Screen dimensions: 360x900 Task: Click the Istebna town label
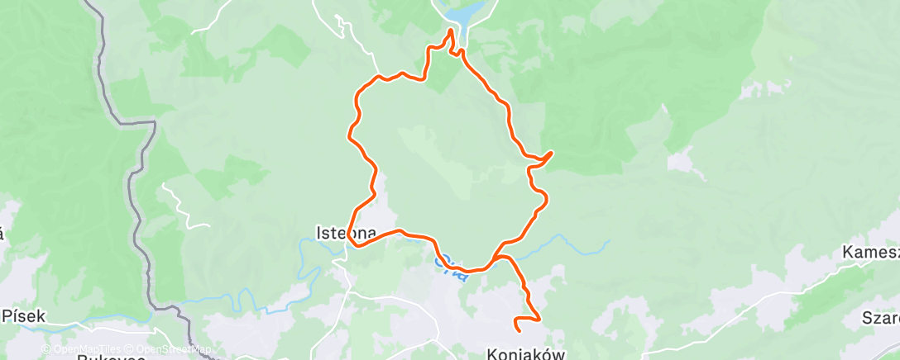(347, 233)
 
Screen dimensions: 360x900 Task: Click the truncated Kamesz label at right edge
(870, 252)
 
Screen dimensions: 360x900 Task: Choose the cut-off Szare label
(880, 318)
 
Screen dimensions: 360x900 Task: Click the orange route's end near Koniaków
(518, 329)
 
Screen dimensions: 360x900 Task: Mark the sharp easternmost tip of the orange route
(552, 153)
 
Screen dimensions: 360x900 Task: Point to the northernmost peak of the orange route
(451, 31)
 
